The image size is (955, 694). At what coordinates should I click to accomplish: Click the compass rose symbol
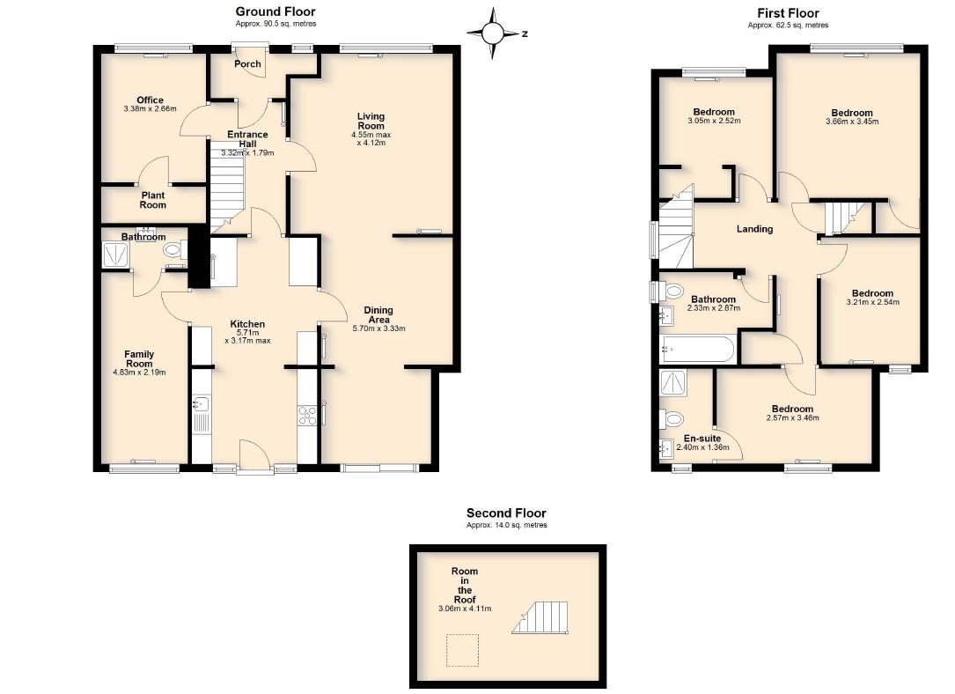pyautogui.click(x=493, y=33)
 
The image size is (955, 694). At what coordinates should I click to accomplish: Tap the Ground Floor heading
pyautogui.click(x=275, y=11)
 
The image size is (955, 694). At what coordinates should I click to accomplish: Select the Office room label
pyautogui.click(x=150, y=100)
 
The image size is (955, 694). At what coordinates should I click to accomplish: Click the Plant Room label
pyautogui.click(x=153, y=200)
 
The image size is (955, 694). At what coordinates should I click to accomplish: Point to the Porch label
pyautogui.click(x=247, y=64)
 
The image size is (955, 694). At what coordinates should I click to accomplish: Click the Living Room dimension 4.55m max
pyautogui.click(x=371, y=135)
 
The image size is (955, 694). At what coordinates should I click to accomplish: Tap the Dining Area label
pyautogui.click(x=378, y=314)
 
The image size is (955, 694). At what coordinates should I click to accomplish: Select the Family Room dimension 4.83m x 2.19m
pyautogui.click(x=139, y=373)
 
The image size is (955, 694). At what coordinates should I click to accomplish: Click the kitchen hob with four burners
pyautogui.click(x=307, y=416)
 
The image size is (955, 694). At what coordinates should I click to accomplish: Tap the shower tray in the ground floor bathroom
pyautogui.click(x=115, y=255)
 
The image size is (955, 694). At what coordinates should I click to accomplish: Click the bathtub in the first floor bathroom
pyautogui.click(x=698, y=349)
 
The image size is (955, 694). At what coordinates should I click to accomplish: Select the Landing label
pyautogui.click(x=754, y=229)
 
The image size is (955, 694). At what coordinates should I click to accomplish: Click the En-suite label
pyautogui.click(x=702, y=438)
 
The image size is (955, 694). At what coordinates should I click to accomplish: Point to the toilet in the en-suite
pyautogui.click(x=672, y=419)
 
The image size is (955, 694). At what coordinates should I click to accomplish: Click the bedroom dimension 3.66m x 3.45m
pyautogui.click(x=852, y=122)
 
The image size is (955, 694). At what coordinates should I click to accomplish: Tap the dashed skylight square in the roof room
pyautogui.click(x=462, y=650)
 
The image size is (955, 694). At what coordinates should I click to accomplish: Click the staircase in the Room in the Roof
pyautogui.click(x=540, y=618)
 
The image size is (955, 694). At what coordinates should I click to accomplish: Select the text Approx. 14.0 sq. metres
pyautogui.click(x=507, y=525)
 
